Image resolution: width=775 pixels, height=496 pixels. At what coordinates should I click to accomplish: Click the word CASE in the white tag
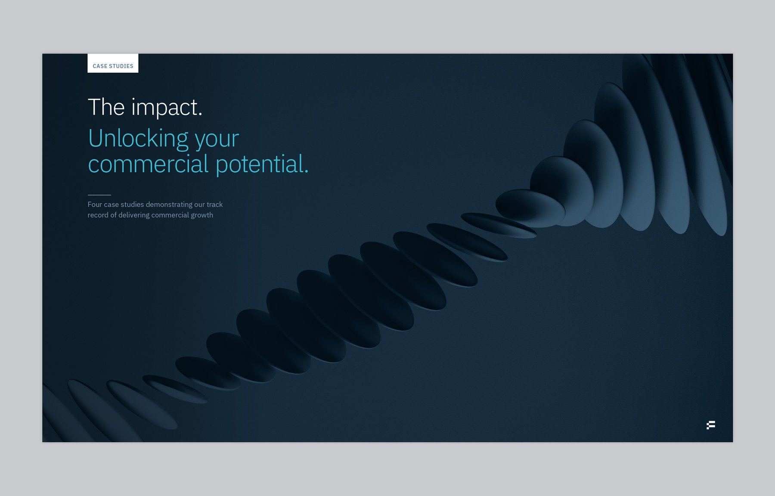[x=100, y=66]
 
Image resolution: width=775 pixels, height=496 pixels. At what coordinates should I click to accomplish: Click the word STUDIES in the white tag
[x=121, y=66]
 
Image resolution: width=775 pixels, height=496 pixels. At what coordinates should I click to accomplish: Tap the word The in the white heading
[x=106, y=107]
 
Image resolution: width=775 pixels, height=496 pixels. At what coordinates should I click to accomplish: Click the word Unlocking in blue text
[x=138, y=139]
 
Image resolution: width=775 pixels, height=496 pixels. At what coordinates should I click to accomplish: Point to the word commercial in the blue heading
[x=148, y=164]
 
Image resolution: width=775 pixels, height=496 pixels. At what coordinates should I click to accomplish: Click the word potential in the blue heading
[x=259, y=164]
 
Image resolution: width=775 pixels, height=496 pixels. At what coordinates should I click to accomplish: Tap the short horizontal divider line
[x=99, y=195]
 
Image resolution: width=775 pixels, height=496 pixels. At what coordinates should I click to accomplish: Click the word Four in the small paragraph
[x=95, y=205]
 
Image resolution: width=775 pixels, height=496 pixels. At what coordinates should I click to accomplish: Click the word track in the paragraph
[x=214, y=205]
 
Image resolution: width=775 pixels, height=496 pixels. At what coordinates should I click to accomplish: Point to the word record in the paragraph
[x=98, y=215]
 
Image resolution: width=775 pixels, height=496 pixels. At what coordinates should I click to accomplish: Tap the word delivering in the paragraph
[x=133, y=215]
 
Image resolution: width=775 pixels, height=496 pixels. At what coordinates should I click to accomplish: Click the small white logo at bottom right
[x=711, y=425]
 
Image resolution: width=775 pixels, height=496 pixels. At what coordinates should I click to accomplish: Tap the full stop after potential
[x=307, y=172]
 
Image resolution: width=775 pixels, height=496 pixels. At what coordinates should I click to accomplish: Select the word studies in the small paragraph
[x=132, y=205]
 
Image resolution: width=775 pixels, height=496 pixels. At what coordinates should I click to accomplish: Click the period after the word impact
[x=200, y=115]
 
